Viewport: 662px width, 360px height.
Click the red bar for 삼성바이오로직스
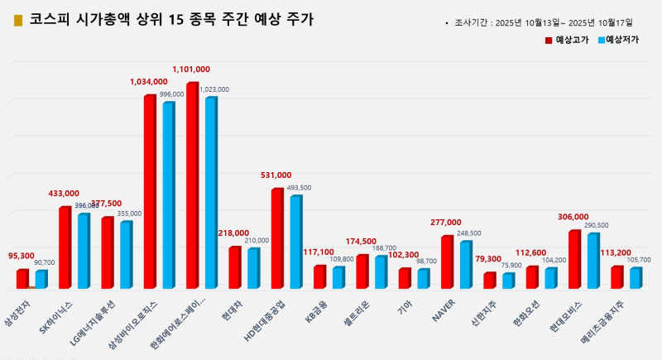click(x=150, y=191)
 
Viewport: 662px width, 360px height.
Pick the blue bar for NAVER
click(x=466, y=264)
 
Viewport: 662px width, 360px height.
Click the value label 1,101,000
click(x=191, y=70)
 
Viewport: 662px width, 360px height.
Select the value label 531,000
click(x=276, y=175)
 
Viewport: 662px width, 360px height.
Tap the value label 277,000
click(x=446, y=223)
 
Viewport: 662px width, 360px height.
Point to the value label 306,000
click(x=573, y=217)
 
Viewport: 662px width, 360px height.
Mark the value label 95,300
click(x=21, y=256)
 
